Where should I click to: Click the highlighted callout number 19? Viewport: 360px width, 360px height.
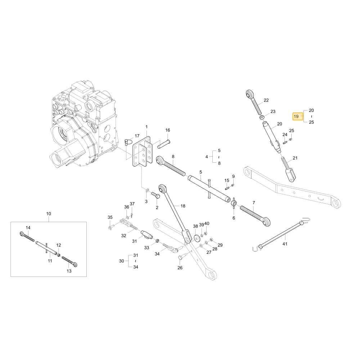tap(296, 116)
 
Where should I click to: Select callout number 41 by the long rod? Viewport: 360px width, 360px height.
tap(285, 244)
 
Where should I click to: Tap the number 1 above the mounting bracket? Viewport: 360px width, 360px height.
tap(147, 127)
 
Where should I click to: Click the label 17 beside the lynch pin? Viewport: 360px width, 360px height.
tap(137, 136)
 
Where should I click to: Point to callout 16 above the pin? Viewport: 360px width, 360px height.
tap(168, 130)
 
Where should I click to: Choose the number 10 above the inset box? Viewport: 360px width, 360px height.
tap(49, 214)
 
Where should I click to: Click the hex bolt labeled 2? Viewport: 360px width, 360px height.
tap(156, 196)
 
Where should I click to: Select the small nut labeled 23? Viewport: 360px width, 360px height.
tap(262, 118)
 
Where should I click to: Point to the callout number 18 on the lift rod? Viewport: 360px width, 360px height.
tap(183, 206)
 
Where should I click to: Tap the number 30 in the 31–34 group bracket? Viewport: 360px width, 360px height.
tap(121, 261)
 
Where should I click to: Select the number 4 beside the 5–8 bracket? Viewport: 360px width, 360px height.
tap(207, 157)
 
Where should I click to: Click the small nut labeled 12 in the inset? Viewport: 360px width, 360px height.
tap(59, 255)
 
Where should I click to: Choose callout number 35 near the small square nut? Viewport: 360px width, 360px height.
tap(110, 217)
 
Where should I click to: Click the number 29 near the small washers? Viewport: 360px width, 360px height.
tap(220, 245)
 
